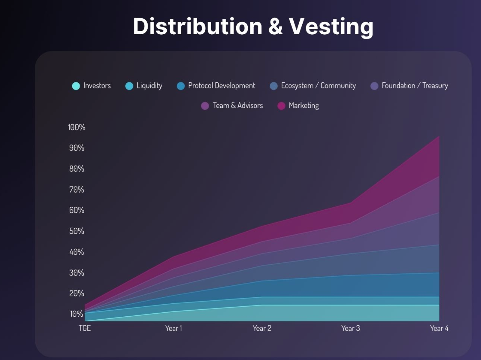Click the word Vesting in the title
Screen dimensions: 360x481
click(x=331, y=26)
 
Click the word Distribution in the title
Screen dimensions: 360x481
click(x=197, y=26)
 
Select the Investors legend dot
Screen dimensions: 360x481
click(x=76, y=86)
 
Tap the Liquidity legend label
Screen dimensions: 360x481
click(x=149, y=86)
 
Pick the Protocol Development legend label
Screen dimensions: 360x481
click(x=221, y=86)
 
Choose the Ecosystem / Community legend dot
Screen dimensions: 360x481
click(x=274, y=86)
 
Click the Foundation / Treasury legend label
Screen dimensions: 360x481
click(x=415, y=86)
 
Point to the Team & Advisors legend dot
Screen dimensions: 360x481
click(x=205, y=106)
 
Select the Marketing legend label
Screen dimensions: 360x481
click(x=304, y=106)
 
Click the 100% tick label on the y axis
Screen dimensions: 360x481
click(x=76, y=127)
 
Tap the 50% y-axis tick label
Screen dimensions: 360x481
click(x=76, y=231)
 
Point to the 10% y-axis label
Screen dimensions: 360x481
click(x=76, y=314)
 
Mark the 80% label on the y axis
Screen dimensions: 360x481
click(x=76, y=169)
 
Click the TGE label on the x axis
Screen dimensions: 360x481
click(x=85, y=328)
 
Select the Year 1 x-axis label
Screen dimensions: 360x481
click(x=173, y=328)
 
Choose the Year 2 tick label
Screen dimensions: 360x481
click(x=262, y=328)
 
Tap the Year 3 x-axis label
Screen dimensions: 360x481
click(x=350, y=328)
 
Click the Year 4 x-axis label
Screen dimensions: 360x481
click(x=439, y=328)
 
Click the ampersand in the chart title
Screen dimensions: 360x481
click(x=275, y=26)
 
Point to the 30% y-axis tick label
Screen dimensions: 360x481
click(x=76, y=273)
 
